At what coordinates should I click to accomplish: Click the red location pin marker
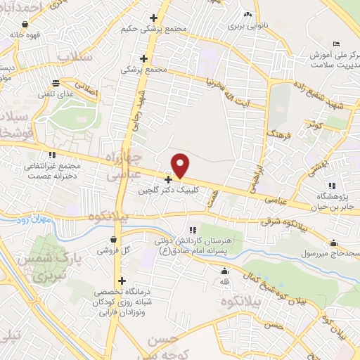[181, 165]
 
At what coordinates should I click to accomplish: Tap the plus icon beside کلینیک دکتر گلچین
[167, 179]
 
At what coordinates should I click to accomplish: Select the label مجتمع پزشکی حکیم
[173, 30]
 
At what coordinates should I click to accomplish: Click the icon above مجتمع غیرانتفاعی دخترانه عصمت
[51, 155]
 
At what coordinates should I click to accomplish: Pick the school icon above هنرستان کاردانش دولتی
[193, 230]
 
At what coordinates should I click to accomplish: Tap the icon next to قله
[225, 272]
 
